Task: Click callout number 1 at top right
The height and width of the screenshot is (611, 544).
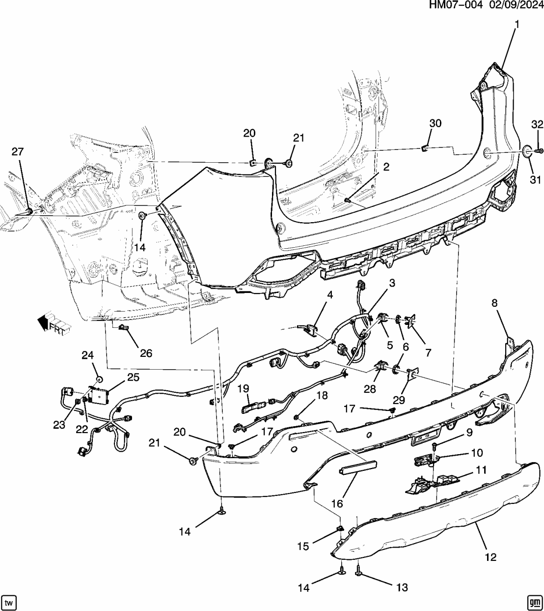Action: pos(517,24)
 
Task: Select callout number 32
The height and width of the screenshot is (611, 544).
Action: pos(537,124)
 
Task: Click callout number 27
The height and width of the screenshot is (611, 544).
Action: pos(18,152)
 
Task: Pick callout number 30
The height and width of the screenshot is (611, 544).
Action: pos(435,123)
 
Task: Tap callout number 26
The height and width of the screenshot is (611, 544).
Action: pos(146,353)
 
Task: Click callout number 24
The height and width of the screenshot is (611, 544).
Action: pos(87,355)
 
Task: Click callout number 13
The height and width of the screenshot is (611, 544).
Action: pos(402,587)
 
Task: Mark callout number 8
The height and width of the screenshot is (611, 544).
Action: pos(494,303)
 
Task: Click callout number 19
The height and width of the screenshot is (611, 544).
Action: pos(244,389)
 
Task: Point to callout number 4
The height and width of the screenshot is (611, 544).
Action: pos(330,295)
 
